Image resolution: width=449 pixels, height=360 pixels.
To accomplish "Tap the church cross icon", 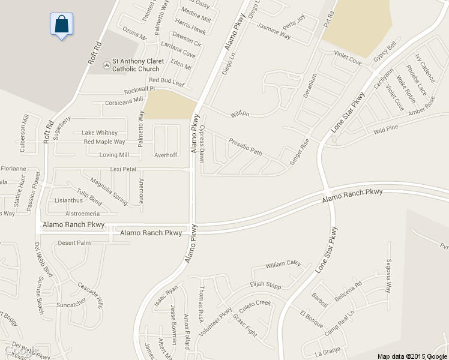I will click(106, 62).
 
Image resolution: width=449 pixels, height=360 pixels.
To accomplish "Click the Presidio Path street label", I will click(245, 147).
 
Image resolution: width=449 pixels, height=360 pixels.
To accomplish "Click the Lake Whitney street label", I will click(100, 133).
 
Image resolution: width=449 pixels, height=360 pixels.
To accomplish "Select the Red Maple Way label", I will click(104, 142).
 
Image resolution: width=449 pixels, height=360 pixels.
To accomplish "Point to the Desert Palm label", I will click(74, 243).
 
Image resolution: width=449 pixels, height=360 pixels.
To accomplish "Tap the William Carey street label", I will click(283, 263).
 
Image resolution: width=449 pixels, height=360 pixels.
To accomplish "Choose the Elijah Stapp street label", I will click(265, 286).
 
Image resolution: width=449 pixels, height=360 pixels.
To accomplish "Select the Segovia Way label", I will click(389, 275).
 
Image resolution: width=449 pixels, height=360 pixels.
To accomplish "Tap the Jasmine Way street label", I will click(274, 32).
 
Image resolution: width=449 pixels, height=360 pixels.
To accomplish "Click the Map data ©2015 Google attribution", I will click(412, 356).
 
